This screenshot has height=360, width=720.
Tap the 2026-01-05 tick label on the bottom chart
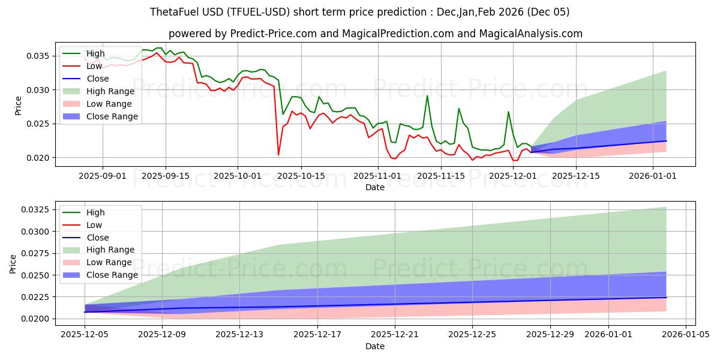(x=686, y=337)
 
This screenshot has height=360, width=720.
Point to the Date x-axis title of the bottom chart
(x=375, y=347)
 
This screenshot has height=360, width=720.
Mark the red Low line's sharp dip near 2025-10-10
(x=278, y=155)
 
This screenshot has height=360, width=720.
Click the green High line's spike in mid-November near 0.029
(x=427, y=96)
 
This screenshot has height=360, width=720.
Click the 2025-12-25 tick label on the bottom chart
(x=473, y=337)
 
